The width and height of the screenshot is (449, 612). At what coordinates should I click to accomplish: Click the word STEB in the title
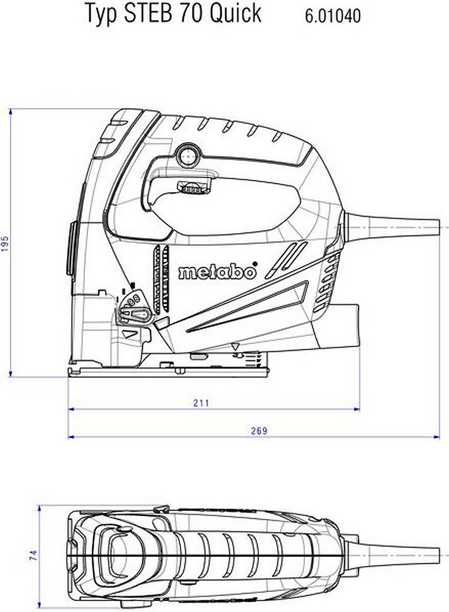pyautogui.click(x=147, y=13)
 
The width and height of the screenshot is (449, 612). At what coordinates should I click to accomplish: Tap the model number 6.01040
pyautogui.click(x=333, y=16)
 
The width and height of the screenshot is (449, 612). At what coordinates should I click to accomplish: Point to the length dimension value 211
pyautogui.click(x=201, y=403)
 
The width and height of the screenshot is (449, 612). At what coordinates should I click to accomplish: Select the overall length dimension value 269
pyautogui.click(x=259, y=431)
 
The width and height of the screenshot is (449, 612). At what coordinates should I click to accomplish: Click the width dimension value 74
pyautogui.click(x=34, y=556)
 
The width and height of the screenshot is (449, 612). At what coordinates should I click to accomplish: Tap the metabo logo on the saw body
pyautogui.click(x=217, y=272)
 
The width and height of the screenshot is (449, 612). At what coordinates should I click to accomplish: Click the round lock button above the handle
pyautogui.click(x=187, y=155)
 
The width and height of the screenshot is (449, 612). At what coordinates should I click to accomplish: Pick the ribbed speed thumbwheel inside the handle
pyautogui.click(x=193, y=188)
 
